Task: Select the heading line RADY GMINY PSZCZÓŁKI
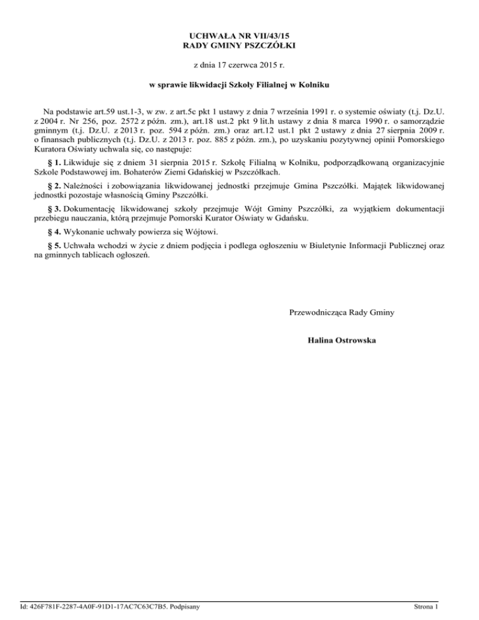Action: click(239, 46)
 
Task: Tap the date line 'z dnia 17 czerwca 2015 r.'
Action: click(239, 65)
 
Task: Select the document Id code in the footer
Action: click(102, 606)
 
